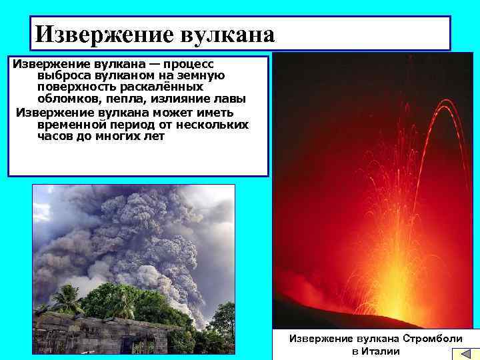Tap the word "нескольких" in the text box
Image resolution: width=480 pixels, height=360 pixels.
pos(214,125)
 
